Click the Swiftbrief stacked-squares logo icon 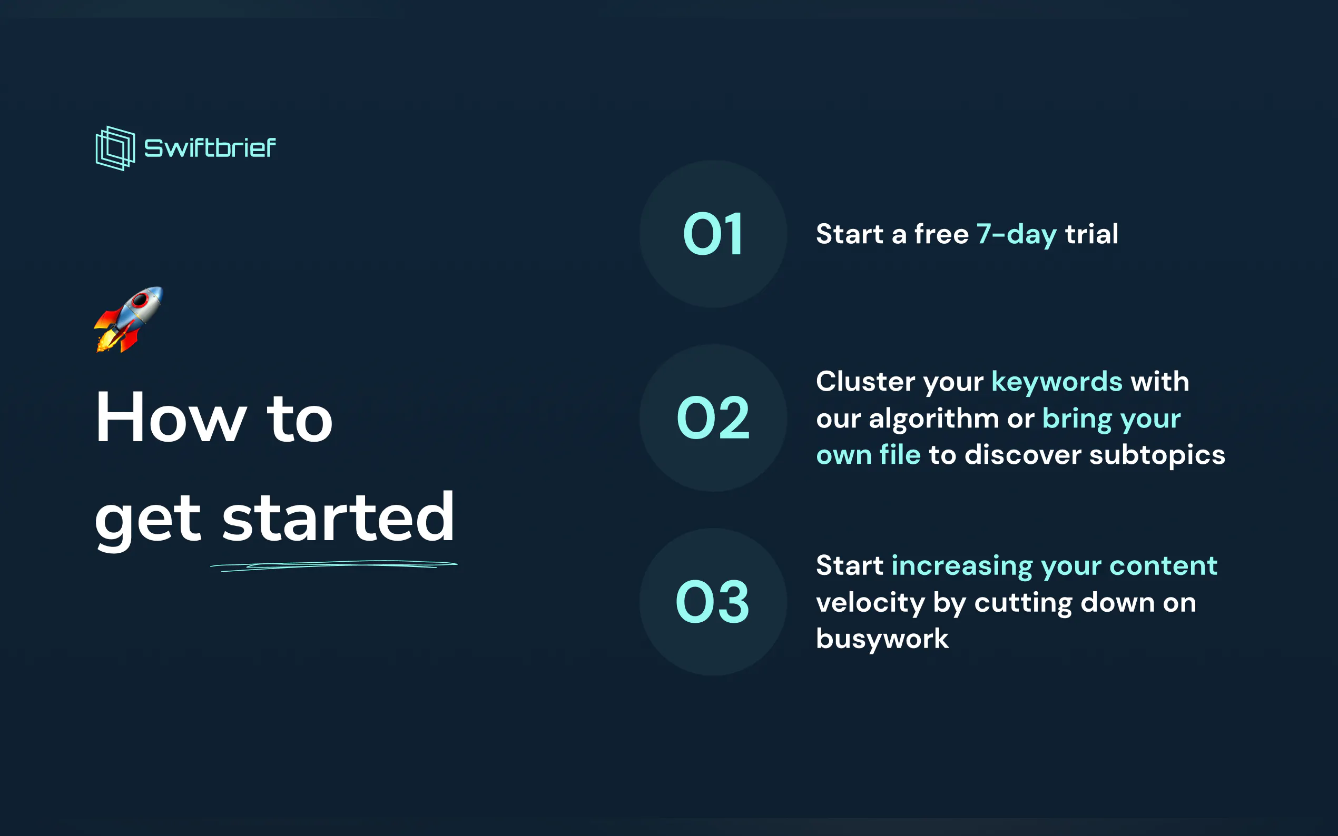(115, 148)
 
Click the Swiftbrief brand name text (210, 147)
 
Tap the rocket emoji (129, 319)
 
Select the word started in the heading (338, 517)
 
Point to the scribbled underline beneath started (333, 565)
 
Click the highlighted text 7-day (1017, 234)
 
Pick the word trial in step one (1092, 234)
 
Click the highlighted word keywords (1057, 382)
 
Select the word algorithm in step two (934, 419)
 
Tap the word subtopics (1157, 455)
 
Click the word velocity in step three (871, 603)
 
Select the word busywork (883, 639)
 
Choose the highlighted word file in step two (900, 454)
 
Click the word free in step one (941, 234)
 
